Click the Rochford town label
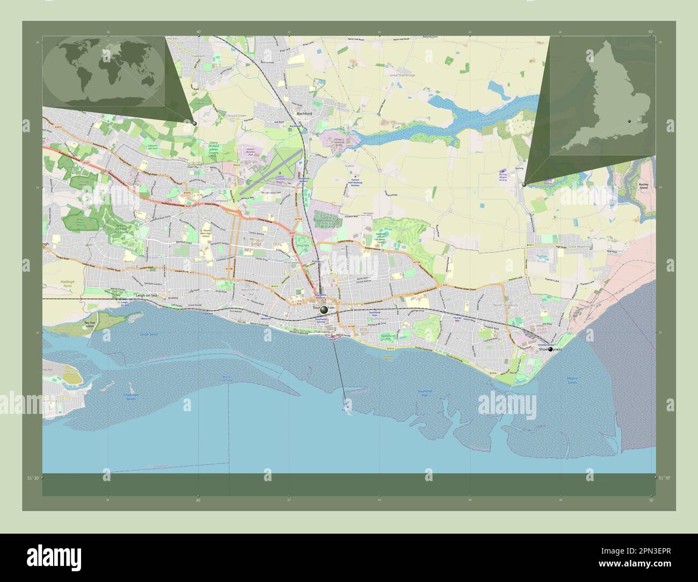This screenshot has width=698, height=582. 304,114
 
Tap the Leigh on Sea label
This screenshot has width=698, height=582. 143,296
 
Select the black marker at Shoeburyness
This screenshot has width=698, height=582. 550,349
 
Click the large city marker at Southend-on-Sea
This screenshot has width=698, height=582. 323,310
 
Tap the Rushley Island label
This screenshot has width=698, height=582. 643,186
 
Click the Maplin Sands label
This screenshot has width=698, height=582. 571,380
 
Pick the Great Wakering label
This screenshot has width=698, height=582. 579,247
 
